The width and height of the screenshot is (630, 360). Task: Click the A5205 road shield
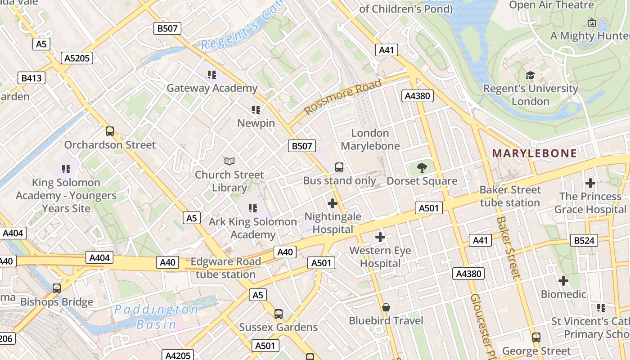[77, 58]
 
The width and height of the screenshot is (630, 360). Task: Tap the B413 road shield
[31, 78]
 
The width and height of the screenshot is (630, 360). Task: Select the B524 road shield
[584, 240]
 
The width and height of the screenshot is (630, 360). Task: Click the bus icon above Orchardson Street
[110, 131]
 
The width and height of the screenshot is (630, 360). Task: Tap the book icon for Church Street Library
[229, 161]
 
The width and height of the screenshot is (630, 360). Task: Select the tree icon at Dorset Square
[422, 168]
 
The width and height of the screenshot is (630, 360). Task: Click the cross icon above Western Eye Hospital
[380, 237]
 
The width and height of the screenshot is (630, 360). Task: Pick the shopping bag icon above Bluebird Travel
[386, 307]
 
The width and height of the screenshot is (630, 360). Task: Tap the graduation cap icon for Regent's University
[530, 75]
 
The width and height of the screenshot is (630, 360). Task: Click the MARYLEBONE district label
[534, 153]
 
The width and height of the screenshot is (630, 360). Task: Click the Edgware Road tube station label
[226, 268]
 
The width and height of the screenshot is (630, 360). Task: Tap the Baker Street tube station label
[510, 196]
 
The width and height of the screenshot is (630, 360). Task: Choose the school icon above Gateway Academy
[211, 74]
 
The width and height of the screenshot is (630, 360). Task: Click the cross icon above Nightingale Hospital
[333, 203]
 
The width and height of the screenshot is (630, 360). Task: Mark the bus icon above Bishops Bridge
[57, 288]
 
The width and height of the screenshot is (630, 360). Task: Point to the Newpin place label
[256, 123]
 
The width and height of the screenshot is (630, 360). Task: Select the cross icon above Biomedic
[563, 281]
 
